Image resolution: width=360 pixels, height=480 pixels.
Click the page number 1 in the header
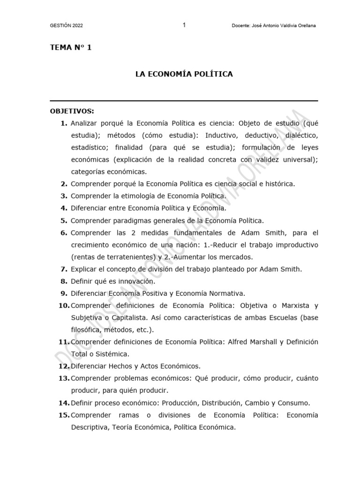(x=184, y=25)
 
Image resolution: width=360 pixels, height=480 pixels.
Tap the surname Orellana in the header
(x=305, y=26)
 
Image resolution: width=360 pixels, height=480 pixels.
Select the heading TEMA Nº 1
(x=71, y=48)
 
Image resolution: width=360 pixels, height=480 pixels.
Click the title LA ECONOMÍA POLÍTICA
(x=184, y=74)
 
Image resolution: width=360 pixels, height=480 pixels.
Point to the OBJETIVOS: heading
(x=72, y=111)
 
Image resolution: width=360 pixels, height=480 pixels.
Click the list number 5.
(x=64, y=220)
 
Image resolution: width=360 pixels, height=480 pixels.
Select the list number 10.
(x=64, y=306)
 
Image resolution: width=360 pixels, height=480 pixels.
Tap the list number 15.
(x=64, y=415)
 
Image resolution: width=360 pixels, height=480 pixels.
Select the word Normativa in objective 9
(x=226, y=293)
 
